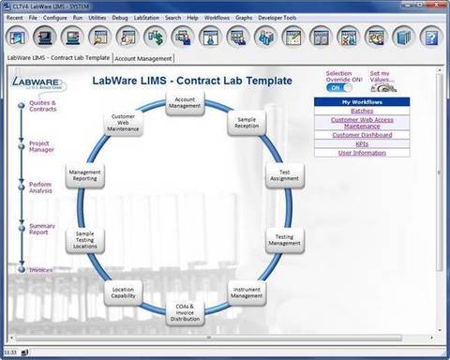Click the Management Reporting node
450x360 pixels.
click(x=85, y=175)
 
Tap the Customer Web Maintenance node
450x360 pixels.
click(x=125, y=125)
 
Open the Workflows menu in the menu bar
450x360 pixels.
click(x=217, y=17)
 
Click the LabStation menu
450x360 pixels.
click(x=145, y=17)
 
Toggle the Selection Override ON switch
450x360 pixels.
click(x=340, y=86)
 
